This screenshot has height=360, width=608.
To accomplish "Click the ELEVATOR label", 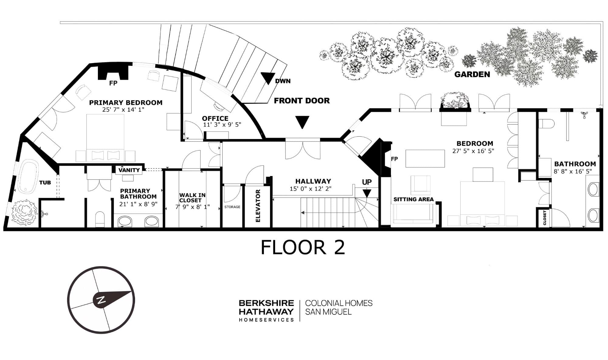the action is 258,206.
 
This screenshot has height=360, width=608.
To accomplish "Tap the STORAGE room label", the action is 232,207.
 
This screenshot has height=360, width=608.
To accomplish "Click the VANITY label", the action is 129,170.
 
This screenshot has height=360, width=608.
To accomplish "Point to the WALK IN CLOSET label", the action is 192,198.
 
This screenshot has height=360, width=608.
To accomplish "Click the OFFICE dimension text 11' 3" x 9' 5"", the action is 222,124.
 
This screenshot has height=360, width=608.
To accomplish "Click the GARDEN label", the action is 472,74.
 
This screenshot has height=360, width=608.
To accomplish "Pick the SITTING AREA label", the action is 413,199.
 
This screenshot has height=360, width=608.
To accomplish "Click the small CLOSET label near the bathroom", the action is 544,218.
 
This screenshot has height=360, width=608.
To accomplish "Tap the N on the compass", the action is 101,300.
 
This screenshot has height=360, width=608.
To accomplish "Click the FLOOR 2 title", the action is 303,247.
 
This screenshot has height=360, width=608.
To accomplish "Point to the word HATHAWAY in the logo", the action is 266,311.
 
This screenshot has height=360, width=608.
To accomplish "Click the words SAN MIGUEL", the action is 328,312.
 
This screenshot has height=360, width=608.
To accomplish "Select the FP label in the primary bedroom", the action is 113,83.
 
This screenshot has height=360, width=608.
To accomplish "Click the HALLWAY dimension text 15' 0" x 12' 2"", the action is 310,188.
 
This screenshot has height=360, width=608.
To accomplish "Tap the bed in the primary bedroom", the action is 105,138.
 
